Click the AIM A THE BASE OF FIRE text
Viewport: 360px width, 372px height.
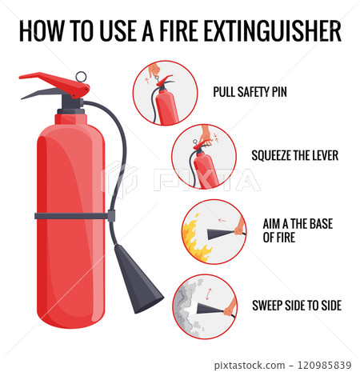(291, 230)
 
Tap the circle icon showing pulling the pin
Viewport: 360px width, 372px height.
(164, 93)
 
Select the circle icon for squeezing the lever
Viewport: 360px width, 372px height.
(204, 157)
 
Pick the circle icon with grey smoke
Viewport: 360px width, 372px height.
(204, 306)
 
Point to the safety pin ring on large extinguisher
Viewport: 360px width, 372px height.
(81, 78)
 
